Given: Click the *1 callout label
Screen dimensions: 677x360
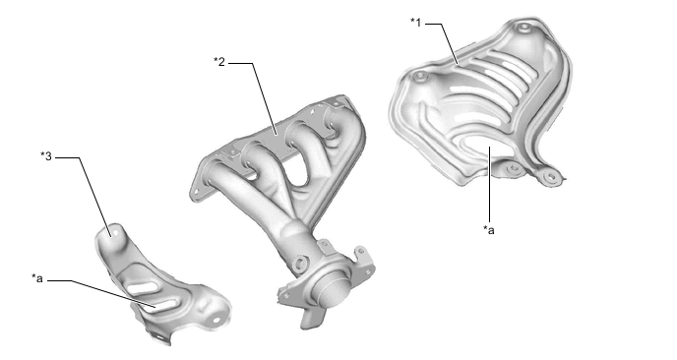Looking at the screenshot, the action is pyautogui.click(x=415, y=22).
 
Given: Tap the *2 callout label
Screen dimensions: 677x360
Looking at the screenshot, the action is pyautogui.click(x=219, y=62).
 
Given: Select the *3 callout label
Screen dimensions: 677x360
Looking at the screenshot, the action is pyautogui.click(x=46, y=156).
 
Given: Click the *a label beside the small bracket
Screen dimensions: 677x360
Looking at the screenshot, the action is pyautogui.click(x=37, y=278).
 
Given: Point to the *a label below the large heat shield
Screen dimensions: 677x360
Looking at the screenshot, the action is pyautogui.click(x=489, y=230).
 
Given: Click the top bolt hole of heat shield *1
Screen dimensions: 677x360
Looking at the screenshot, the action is pyautogui.click(x=524, y=28).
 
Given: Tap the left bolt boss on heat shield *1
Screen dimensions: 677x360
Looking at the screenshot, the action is pyautogui.click(x=419, y=78).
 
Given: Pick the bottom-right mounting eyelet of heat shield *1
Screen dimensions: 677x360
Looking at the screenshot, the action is pyautogui.click(x=551, y=176).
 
